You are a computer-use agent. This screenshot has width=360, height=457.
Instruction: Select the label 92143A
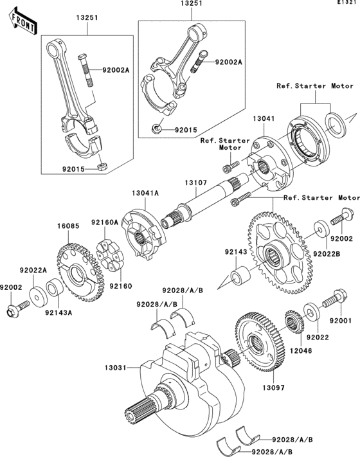click(x=59, y=313)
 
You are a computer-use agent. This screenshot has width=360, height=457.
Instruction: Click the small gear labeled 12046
click(x=294, y=325)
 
